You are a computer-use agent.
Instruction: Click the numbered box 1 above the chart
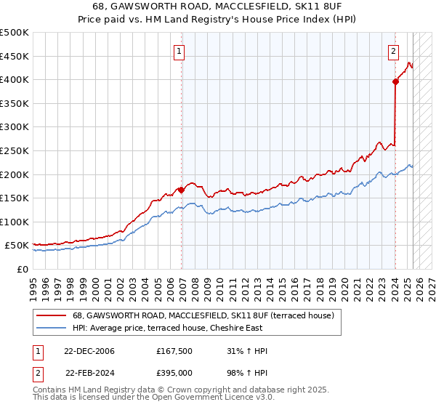tap(179, 51)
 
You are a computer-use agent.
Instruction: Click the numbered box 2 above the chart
tap(393, 51)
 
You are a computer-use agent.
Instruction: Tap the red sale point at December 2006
tap(182, 189)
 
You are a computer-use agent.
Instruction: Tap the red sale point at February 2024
tap(395, 82)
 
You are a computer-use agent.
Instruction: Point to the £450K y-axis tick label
tap(15, 56)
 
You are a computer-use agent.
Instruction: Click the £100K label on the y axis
tap(15, 222)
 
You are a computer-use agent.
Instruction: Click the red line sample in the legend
tap(50, 315)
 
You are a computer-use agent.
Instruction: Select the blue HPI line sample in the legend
tap(50, 327)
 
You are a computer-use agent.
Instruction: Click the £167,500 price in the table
tap(174, 351)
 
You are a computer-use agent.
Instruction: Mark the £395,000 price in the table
tap(174, 373)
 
